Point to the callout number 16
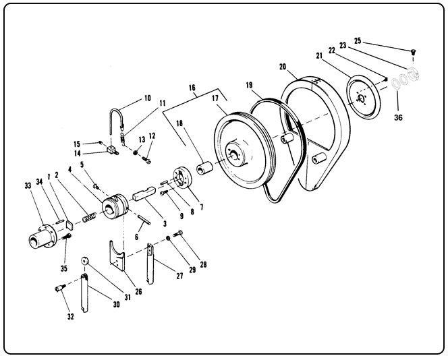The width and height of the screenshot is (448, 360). (x=192, y=88)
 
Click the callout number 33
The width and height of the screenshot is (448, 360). (x=28, y=185)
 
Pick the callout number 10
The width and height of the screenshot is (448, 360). (x=146, y=98)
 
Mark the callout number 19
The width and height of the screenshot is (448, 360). (x=249, y=86)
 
